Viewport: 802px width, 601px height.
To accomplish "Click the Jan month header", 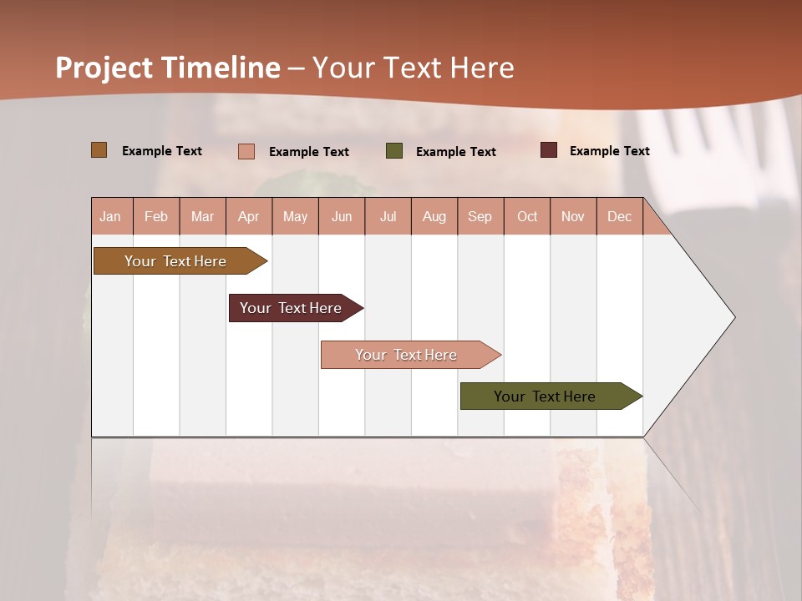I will pyautogui.click(x=110, y=216).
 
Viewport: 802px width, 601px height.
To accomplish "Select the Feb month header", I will pyautogui.click(x=156, y=216).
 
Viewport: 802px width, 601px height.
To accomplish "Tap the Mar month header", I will pyautogui.click(x=202, y=216).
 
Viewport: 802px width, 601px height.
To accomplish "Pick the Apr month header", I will pyautogui.click(x=249, y=216).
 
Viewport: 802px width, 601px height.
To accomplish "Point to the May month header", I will pyautogui.click(x=295, y=216).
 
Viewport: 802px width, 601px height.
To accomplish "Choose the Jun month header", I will pyautogui.click(x=342, y=216).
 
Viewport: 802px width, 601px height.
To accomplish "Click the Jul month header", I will pyautogui.click(x=388, y=216).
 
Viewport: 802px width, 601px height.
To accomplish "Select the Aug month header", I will pyautogui.click(x=434, y=216).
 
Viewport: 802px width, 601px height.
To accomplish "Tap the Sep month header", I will pyautogui.click(x=480, y=216).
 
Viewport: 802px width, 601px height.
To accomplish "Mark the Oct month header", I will pyautogui.click(x=527, y=216).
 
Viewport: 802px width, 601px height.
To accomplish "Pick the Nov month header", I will pyautogui.click(x=573, y=216).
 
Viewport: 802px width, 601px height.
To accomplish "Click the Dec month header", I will pyautogui.click(x=619, y=216).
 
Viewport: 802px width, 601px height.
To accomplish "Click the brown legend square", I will pyautogui.click(x=99, y=150).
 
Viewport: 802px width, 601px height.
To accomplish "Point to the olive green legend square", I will pyautogui.click(x=394, y=151).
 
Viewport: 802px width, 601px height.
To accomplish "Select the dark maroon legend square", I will pyautogui.click(x=549, y=150).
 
